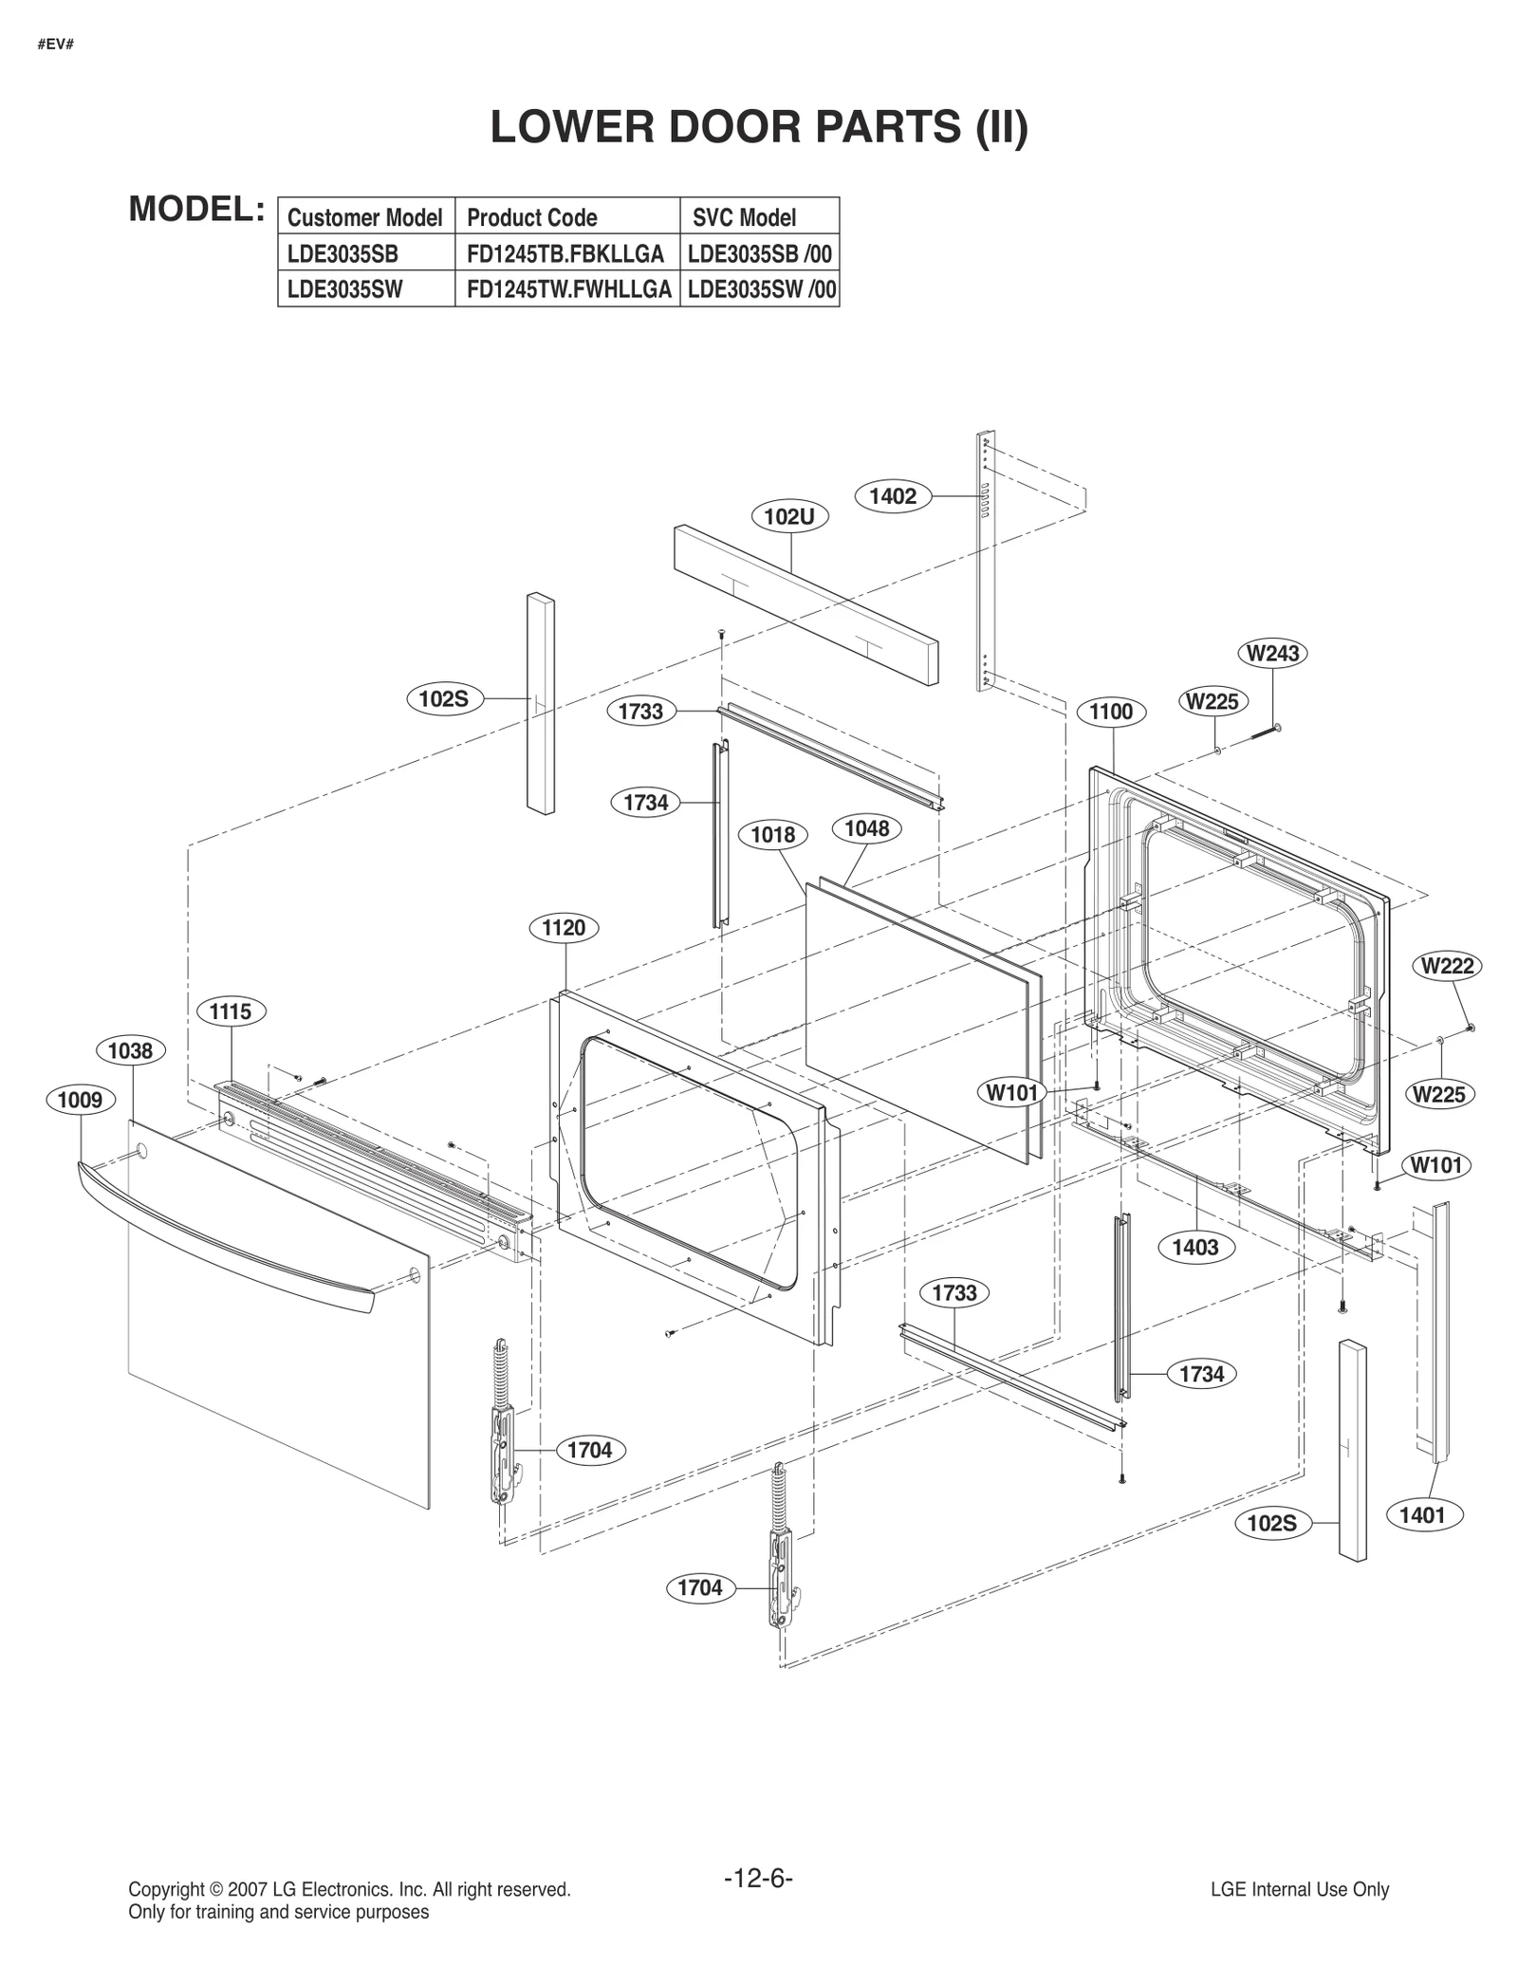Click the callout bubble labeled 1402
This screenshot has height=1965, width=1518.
pos(893,496)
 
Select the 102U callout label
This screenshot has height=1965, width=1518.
pos(789,517)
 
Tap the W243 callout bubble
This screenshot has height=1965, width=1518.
pos(1272,654)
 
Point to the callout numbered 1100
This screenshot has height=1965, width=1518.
pos(1111,712)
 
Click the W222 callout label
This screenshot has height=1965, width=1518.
pos(1447,966)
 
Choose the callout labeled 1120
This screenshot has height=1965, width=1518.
pos(564,927)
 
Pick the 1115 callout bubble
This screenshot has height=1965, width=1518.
pos(231,1011)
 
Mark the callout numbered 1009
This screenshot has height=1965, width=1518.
pos(81,1100)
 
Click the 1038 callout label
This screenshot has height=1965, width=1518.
pos(131,1050)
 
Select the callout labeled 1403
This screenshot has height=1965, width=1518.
pos(1195,1247)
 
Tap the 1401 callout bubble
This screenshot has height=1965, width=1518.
pos(1422,1515)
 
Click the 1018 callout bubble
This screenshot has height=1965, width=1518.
pos(773,835)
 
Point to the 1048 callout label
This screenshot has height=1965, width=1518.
pos(866,828)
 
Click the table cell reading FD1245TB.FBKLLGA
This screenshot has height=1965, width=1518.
pos(565,254)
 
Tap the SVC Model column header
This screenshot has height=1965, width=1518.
pos(745,217)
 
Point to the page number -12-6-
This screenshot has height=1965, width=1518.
pos(758,1878)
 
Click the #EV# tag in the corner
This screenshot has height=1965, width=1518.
pos(56,45)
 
